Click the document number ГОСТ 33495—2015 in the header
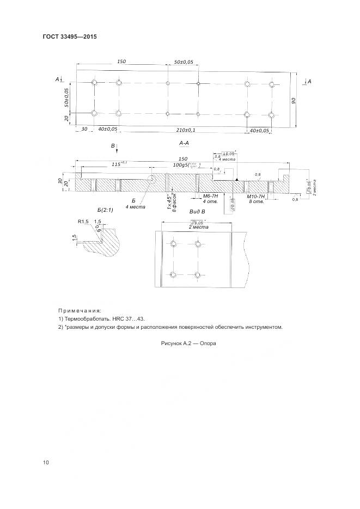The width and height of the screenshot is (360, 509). (69, 38)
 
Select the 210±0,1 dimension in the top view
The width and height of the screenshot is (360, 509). (186, 130)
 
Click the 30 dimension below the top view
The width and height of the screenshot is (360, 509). (84, 130)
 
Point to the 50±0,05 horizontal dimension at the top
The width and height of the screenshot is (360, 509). (184, 63)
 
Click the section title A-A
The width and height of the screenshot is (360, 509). (184, 143)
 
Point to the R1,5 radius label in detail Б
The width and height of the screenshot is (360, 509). (83, 222)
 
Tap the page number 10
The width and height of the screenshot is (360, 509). (46, 463)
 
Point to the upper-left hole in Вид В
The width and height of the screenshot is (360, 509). (173, 243)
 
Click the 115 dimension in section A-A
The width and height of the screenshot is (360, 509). (117, 164)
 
